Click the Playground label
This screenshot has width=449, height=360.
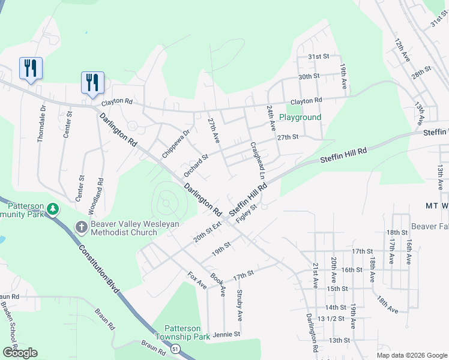pos(300,118)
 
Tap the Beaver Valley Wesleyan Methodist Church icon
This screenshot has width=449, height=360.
pos(82,226)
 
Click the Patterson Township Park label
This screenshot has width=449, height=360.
pos(182,332)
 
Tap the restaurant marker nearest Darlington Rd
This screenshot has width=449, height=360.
pos(92,83)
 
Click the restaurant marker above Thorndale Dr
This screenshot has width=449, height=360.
pos(30,68)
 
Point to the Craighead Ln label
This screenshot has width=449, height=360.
pos(258,160)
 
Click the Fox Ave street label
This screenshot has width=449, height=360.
pos(197,280)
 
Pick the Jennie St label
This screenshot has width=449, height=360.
pos(226,334)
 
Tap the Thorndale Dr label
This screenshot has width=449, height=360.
pos(41,124)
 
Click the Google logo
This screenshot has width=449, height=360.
pos(20,353)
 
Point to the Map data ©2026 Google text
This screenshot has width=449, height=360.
pos(411,355)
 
